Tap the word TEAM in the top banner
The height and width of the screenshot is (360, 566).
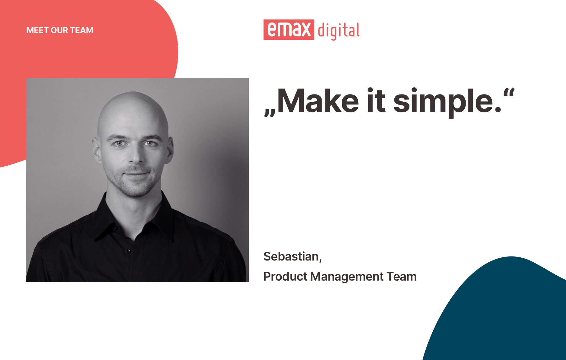pyautogui.click(x=82, y=30)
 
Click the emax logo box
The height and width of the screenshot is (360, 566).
pyautogui.click(x=289, y=30)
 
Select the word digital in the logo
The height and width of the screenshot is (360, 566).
pyautogui.click(x=339, y=31)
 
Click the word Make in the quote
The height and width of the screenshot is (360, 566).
pyautogui.click(x=318, y=101)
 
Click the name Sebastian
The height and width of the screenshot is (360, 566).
pyautogui.click(x=291, y=256)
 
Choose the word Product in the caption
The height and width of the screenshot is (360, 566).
pyautogui.click(x=285, y=277)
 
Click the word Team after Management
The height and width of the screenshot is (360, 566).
pyautogui.click(x=402, y=277)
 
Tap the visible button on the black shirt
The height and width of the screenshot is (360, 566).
pyautogui.click(x=128, y=250)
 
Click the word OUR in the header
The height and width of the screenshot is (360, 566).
pyautogui.click(x=59, y=30)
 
